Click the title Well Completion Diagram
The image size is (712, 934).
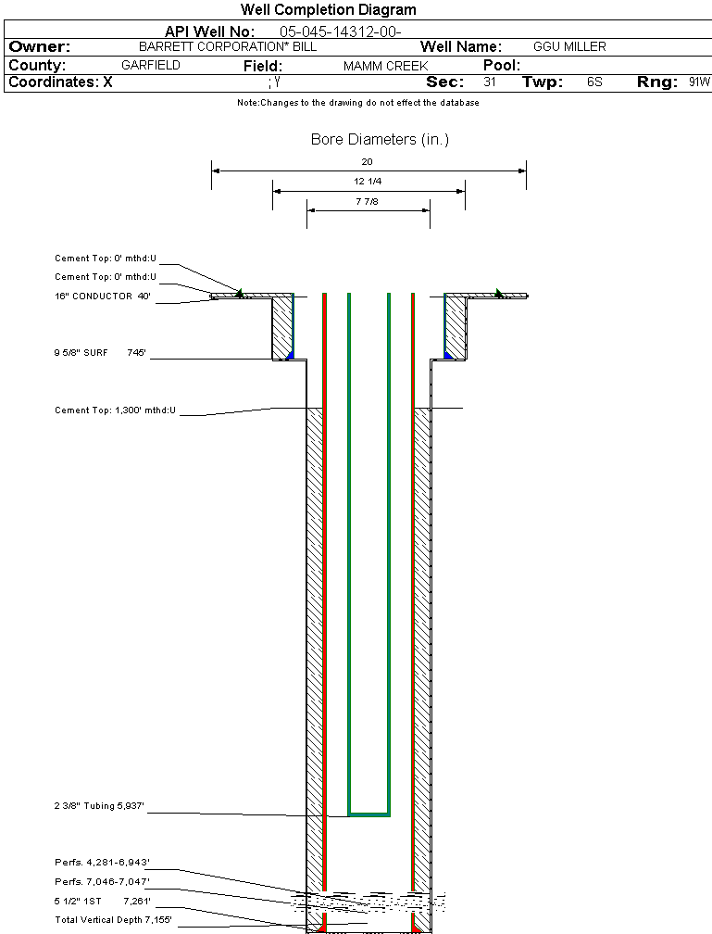tap(328, 9)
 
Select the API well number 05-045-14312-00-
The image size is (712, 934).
tap(340, 32)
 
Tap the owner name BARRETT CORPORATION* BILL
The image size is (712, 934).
tap(228, 46)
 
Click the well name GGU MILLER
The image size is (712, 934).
tap(569, 46)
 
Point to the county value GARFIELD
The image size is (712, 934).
tap(151, 65)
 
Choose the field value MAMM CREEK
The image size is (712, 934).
tap(386, 66)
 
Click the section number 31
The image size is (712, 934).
tap(490, 82)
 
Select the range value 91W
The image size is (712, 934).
tap(699, 82)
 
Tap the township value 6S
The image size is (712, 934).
tap(594, 82)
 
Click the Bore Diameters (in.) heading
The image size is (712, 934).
tap(380, 139)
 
